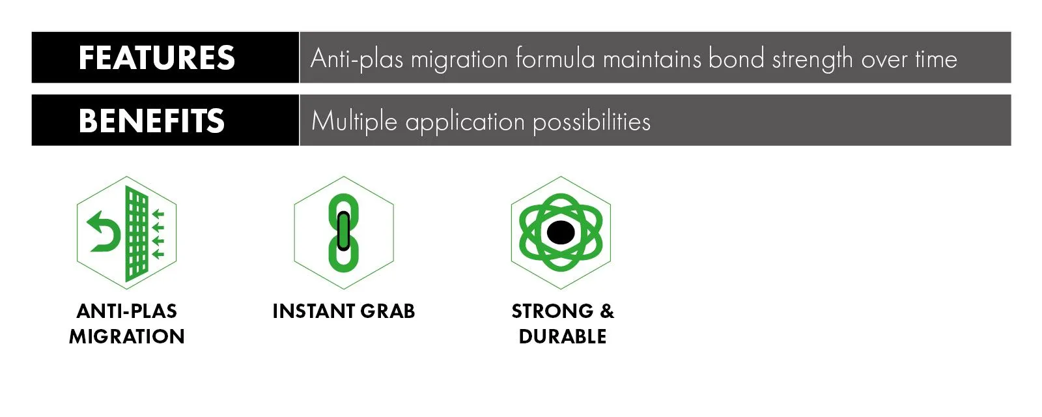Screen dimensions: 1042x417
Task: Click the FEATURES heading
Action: (x=157, y=58)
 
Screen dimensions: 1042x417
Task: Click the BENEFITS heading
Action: (x=152, y=121)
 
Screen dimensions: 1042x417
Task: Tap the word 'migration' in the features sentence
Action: (x=459, y=60)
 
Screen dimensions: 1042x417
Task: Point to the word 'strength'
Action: (x=813, y=60)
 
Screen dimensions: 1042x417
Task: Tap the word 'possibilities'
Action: (x=592, y=122)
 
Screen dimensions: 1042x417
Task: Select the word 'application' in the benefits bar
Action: (x=465, y=122)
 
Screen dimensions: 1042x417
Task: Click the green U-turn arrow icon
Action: (x=104, y=231)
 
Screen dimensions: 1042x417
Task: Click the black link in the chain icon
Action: (x=343, y=231)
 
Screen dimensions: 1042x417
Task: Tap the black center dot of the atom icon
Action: (x=561, y=232)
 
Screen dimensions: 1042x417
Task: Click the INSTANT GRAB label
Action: (x=344, y=311)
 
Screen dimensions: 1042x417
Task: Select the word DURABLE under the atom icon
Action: (x=563, y=336)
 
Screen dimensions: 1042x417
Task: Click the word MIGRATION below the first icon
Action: (x=126, y=336)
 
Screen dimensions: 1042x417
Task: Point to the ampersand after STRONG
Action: (x=607, y=311)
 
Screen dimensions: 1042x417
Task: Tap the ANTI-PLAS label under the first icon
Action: (x=126, y=311)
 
